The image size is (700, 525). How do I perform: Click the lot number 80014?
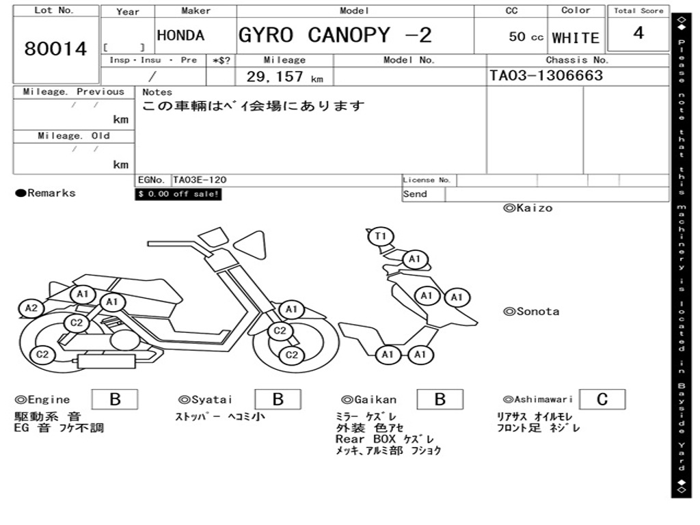(55, 49)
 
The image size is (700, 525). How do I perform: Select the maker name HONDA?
(180, 36)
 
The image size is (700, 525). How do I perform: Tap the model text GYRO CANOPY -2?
(335, 35)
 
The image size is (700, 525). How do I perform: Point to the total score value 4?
(638, 33)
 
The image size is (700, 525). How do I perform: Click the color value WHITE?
(576, 38)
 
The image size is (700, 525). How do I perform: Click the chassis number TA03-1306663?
(546, 75)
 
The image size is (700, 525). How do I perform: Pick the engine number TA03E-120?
(200, 180)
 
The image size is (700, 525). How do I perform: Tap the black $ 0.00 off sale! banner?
(178, 194)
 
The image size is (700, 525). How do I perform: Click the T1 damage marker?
(380, 236)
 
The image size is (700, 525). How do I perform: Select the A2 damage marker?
(31, 308)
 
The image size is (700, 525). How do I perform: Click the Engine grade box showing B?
(115, 399)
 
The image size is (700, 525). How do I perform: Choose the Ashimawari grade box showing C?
(602, 399)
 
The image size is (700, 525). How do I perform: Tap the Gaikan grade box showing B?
(440, 399)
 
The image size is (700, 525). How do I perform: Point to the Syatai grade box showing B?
(278, 399)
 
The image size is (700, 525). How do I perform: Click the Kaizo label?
(528, 208)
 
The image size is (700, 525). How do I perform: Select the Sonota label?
(531, 312)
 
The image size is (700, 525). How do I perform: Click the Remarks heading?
(46, 193)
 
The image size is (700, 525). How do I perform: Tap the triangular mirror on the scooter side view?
(250, 245)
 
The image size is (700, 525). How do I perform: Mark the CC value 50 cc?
(526, 37)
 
